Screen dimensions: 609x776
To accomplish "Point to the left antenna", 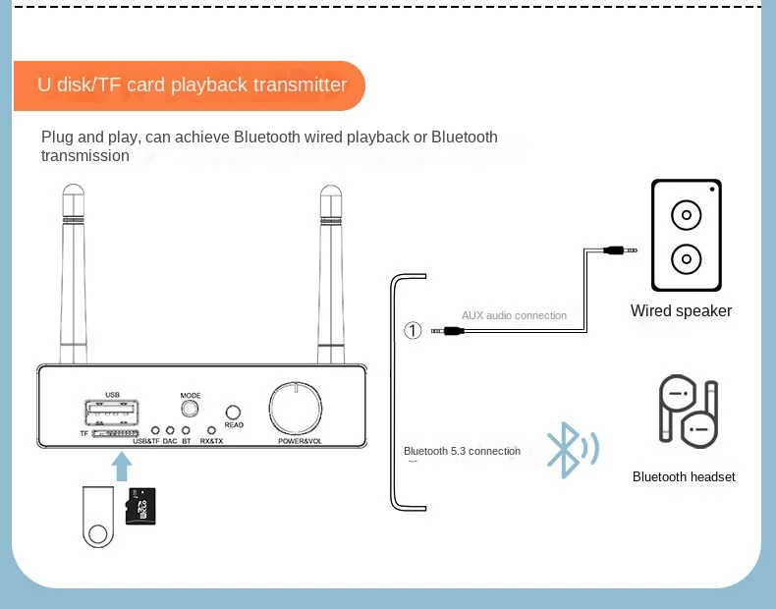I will pyautogui.click(x=74, y=275).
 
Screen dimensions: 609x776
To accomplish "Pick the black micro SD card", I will pyautogui.click(x=141, y=506).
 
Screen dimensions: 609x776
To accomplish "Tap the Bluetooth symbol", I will pyautogui.click(x=567, y=450).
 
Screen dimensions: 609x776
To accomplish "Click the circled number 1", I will pyautogui.click(x=414, y=330).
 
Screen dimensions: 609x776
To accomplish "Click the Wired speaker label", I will pyautogui.click(x=681, y=311).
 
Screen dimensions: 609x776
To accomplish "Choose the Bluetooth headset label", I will pyautogui.click(x=684, y=477).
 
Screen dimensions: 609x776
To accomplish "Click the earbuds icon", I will pyautogui.click(x=687, y=413).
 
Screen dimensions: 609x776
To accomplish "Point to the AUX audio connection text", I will pyautogui.click(x=514, y=315).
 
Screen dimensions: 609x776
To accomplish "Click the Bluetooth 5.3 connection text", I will pyautogui.click(x=462, y=451).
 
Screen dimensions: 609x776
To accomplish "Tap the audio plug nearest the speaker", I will pyautogui.click(x=619, y=250).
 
